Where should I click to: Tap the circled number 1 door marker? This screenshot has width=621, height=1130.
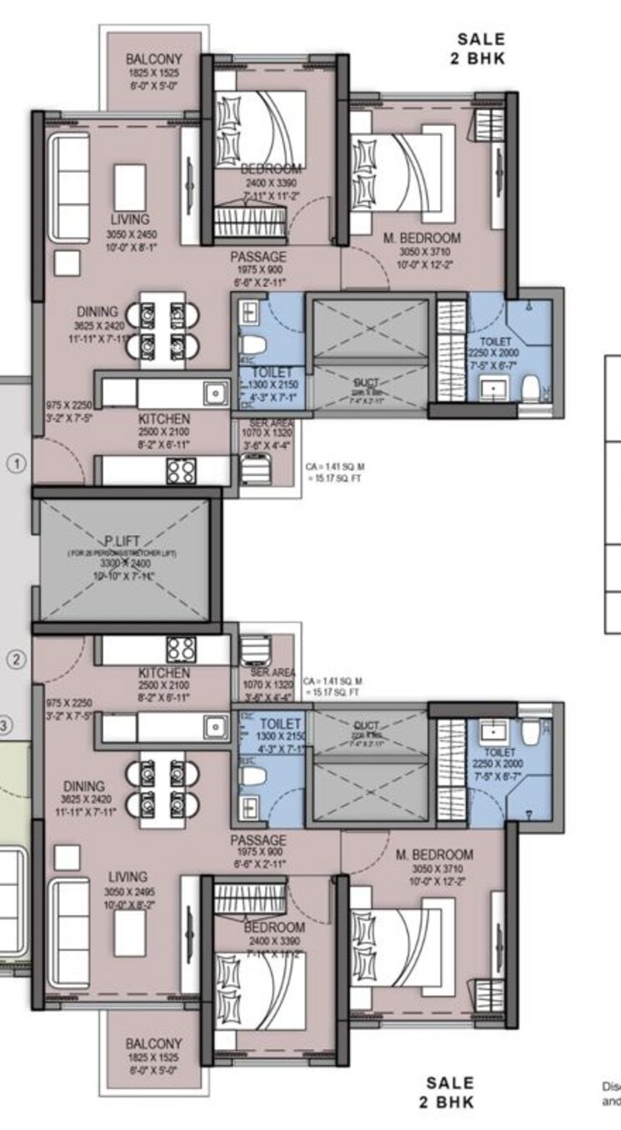[x=17, y=462]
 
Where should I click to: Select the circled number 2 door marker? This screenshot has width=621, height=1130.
[x=17, y=660]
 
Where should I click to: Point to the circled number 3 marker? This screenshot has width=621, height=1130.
[x=4, y=726]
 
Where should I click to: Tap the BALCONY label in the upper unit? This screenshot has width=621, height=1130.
[x=153, y=60]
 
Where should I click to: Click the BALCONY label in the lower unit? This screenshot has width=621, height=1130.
[x=153, y=1044]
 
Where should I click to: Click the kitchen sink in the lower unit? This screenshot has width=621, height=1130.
[x=217, y=726]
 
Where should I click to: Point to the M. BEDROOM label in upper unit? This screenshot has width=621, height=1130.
[x=422, y=239]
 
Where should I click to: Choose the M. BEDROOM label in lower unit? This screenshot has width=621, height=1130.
[x=434, y=855]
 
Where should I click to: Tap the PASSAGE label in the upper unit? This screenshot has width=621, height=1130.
[x=258, y=257]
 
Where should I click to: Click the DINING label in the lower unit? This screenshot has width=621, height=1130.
[x=84, y=786]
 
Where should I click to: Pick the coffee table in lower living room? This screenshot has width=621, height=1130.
[x=130, y=931]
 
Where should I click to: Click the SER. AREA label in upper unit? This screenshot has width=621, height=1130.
[x=268, y=423]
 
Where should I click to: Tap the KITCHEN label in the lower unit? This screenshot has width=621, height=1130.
[x=163, y=672]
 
